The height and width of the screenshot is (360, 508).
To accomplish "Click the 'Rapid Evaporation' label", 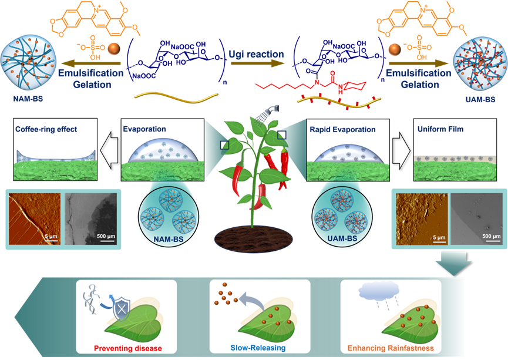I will (x=342, y=129).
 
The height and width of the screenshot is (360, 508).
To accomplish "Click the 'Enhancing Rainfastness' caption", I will (x=390, y=348).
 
